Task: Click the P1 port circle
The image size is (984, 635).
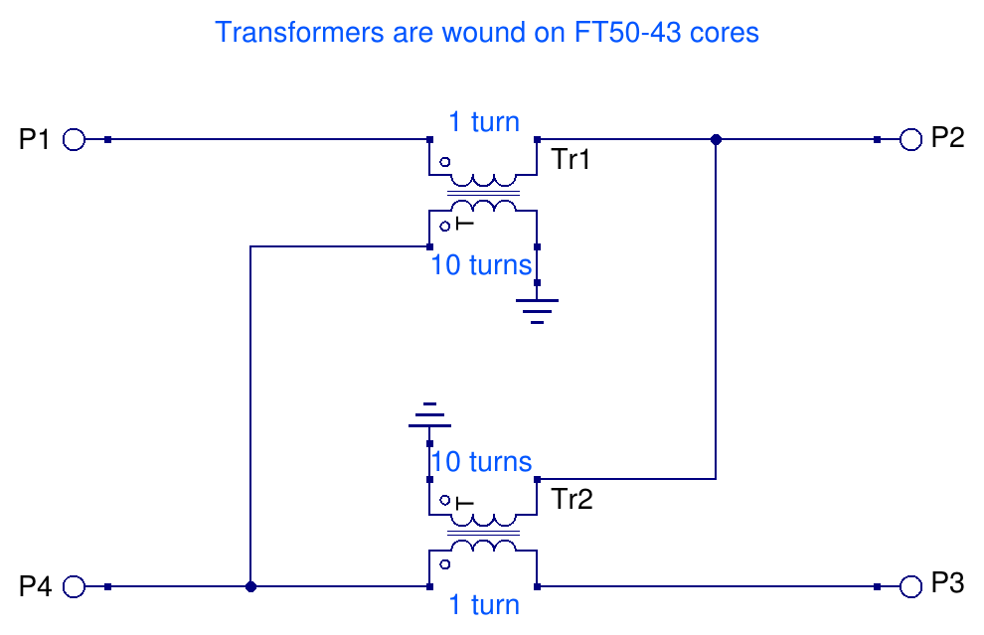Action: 75,140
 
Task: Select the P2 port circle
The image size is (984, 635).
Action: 911,140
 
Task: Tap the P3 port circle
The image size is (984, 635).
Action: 911,587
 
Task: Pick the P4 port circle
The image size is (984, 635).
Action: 75,587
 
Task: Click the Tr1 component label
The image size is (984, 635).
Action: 572,159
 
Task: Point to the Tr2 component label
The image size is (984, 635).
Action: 572,499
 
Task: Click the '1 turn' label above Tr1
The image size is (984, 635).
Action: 483,122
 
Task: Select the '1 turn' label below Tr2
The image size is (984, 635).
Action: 483,604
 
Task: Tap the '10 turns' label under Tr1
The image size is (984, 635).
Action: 480,265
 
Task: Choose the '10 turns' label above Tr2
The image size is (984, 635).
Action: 481,462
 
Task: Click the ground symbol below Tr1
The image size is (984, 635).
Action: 537,310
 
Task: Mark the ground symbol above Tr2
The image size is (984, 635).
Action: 429,415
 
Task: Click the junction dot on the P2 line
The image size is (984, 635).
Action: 716,140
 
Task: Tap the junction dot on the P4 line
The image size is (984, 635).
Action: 250,587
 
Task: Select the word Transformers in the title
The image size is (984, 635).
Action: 285,32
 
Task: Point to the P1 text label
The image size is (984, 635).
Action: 35,140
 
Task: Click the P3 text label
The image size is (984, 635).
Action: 947,584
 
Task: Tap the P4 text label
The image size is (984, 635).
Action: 35,586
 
